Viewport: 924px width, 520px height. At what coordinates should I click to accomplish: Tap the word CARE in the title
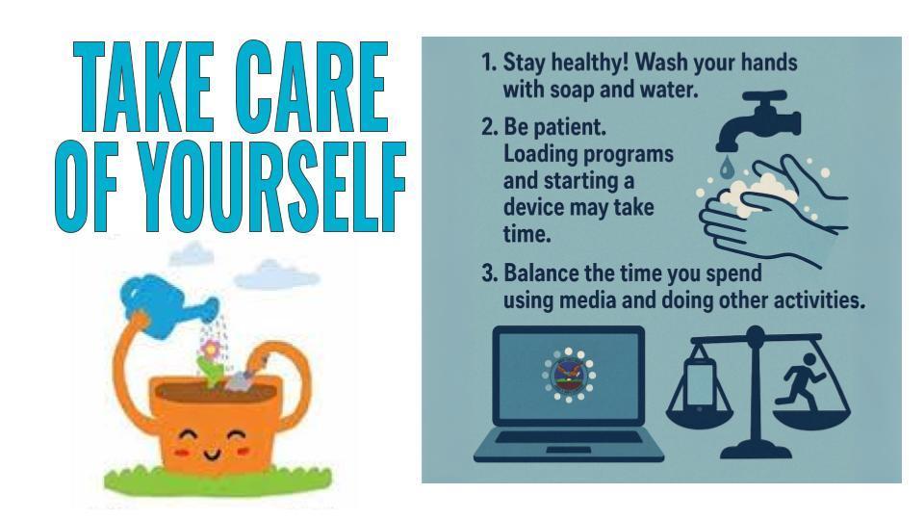click(x=312, y=87)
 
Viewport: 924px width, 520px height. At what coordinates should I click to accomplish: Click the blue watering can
click(x=167, y=306)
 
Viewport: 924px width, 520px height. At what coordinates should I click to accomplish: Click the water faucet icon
click(x=757, y=121)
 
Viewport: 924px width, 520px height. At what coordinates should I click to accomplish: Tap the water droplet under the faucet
click(x=727, y=167)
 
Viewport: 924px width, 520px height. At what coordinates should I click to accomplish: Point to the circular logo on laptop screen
click(x=568, y=375)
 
